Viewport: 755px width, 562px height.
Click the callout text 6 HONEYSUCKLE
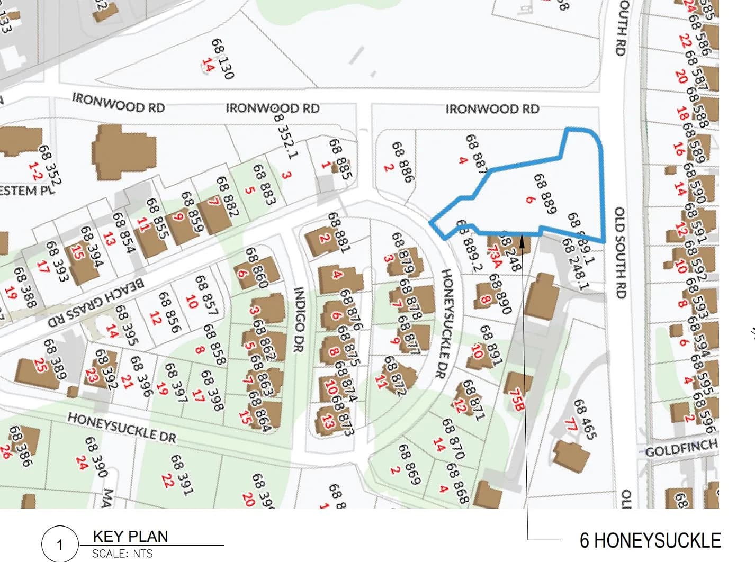point(650,540)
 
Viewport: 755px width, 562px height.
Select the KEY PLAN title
point(130,536)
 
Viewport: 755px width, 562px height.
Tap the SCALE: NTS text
point(122,554)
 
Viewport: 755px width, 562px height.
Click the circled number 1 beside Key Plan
point(59,545)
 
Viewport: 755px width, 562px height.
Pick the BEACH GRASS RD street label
point(96,303)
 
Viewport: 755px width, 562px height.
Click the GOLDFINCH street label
point(681,449)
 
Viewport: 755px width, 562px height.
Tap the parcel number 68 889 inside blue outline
point(545,194)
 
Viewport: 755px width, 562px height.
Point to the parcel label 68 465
point(585,419)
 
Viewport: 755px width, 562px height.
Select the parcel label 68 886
point(401,161)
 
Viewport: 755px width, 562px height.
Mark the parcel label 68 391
point(180,475)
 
